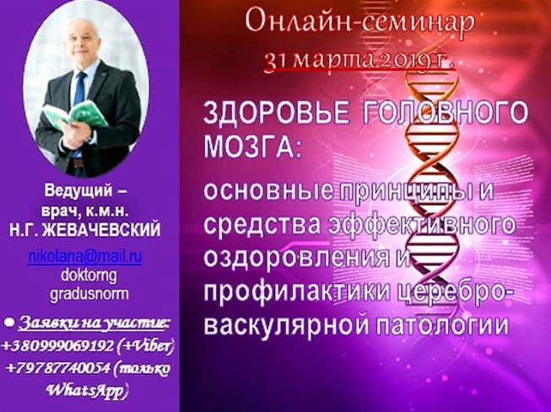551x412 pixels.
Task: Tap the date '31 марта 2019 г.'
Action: click(359, 60)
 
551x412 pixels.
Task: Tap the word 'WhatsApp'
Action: click(85, 389)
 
